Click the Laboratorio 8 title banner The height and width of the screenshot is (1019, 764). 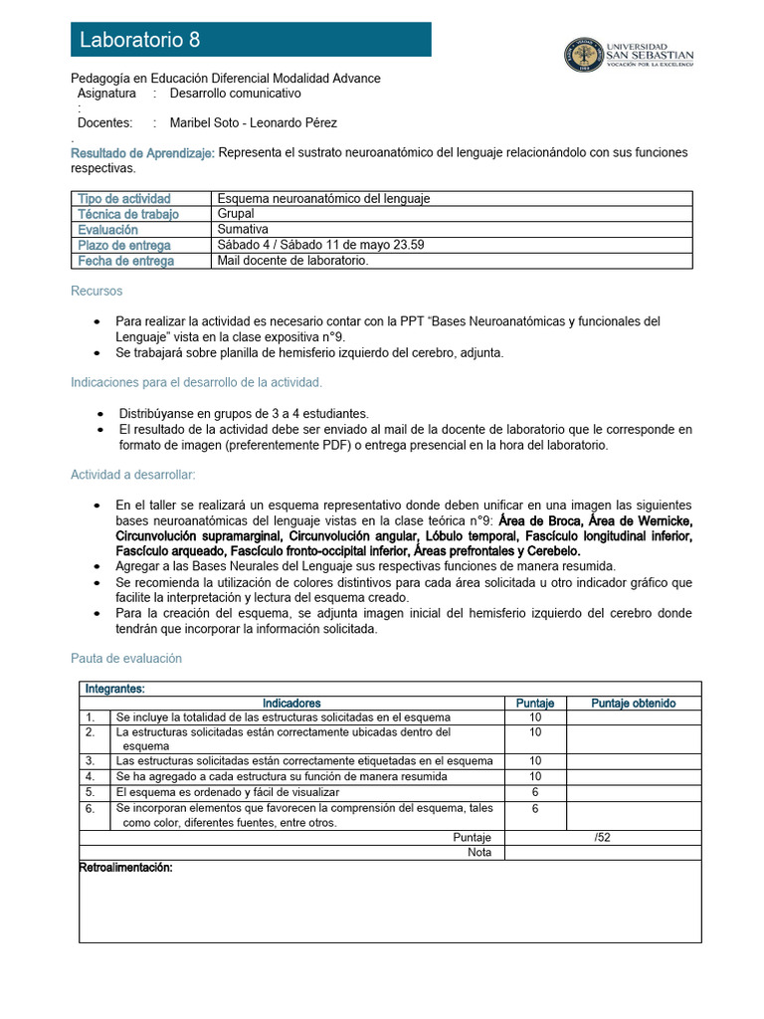click(x=251, y=40)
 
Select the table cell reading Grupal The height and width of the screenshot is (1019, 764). click(x=236, y=214)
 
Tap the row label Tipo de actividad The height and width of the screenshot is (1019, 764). click(x=124, y=199)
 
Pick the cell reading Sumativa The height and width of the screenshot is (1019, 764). click(x=244, y=229)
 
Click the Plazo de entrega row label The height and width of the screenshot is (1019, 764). click(x=124, y=245)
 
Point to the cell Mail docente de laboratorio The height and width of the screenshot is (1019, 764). click(x=292, y=261)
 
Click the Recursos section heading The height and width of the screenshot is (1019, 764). click(x=96, y=292)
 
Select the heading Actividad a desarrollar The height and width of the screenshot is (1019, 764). click(x=133, y=475)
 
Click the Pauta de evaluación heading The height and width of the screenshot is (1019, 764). click(x=126, y=659)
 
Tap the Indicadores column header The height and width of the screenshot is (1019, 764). click(x=291, y=703)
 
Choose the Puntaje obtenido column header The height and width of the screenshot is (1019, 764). click(x=634, y=703)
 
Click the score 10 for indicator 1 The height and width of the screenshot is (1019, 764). click(x=535, y=717)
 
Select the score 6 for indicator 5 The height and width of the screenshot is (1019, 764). click(x=535, y=792)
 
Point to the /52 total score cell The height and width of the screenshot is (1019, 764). click(x=603, y=838)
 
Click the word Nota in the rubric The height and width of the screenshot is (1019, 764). click(x=479, y=853)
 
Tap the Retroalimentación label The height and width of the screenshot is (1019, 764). click(x=126, y=869)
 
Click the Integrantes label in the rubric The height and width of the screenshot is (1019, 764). click(x=115, y=689)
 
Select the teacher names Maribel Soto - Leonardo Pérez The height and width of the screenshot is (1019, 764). click(x=254, y=123)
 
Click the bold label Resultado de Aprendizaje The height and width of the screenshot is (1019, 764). click(x=142, y=152)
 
